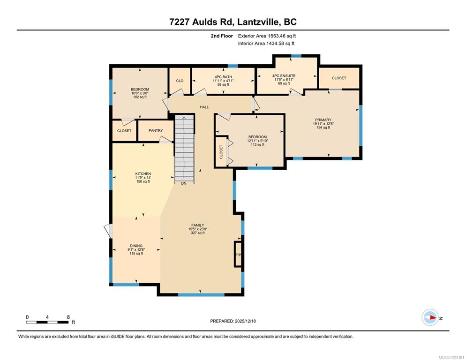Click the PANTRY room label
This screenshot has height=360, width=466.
[x=156, y=130]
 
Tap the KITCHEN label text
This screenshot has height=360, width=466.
[x=143, y=174]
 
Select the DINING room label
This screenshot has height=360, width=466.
[x=136, y=246]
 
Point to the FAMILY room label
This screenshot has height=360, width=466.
[x=198, y=225]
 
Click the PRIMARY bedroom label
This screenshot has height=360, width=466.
[x=323, y=120]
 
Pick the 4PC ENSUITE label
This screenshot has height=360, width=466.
[x=284, y=76]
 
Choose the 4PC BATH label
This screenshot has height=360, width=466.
[x=223, y=77]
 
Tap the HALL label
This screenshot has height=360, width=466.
[x=204, y=107]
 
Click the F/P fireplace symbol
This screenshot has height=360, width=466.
[x=238, y=254]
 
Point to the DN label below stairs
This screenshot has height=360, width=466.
[x=184, y=183]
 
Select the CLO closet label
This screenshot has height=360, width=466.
[x=180, y=81]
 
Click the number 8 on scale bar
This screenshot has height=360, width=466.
[x=68, y=317]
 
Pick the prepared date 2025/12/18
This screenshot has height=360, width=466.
[x=245, y=321]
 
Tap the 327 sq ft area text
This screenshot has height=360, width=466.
[x=198, y=233]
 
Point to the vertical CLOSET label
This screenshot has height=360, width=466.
[x=221, y=152]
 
